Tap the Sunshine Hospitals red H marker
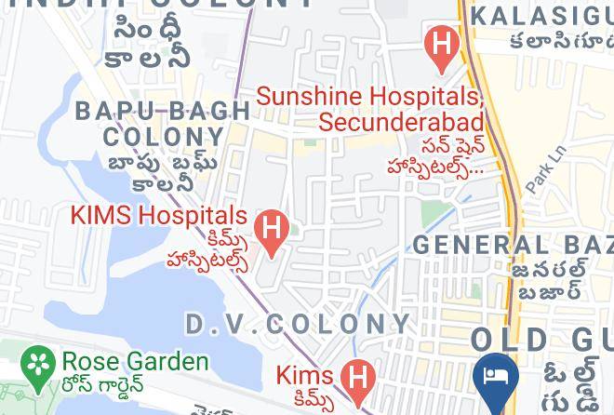[441, 45]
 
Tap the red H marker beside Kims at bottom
[354, 377]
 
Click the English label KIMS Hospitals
[159, 217]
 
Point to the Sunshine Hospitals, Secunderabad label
[370, 109]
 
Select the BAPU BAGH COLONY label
[163, 123]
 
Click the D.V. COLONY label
[298, 324]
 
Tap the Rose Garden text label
[135, 361]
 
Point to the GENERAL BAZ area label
[513, 245]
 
